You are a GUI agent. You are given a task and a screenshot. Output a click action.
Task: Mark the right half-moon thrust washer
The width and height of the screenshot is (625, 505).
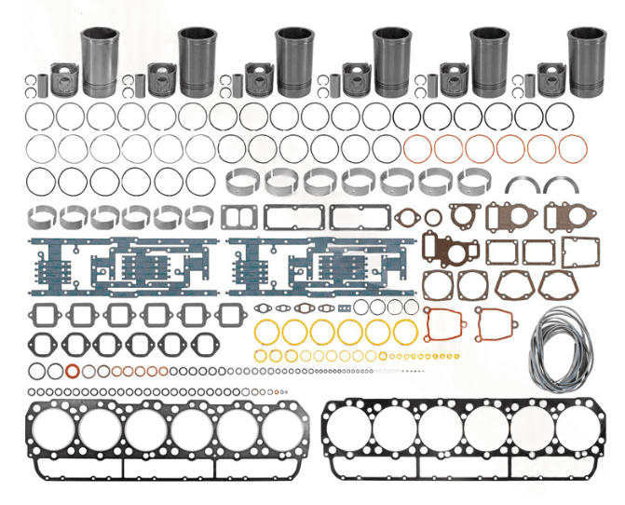(x=561, y=185)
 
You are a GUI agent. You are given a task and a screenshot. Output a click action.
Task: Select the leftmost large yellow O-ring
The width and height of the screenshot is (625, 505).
(x=266, y=332)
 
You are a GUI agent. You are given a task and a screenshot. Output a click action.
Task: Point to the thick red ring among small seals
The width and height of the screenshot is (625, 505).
(x=68, y=372)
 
